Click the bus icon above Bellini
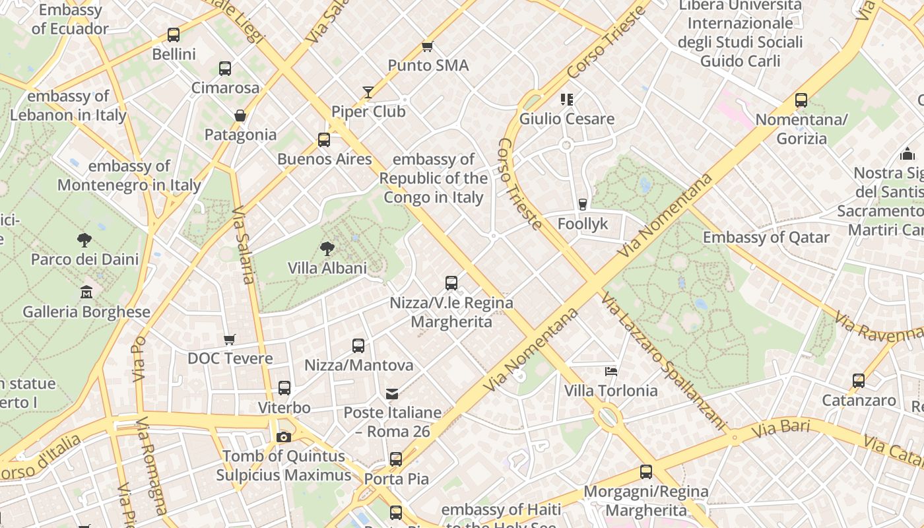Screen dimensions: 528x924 click(x=174, y=34)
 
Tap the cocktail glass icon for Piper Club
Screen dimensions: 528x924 click(x=368, y=92)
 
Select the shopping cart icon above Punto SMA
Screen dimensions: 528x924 click(x=428, y=46)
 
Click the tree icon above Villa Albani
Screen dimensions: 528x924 click(x=327, y=249)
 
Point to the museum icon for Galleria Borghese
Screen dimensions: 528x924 click(x=86, y=292)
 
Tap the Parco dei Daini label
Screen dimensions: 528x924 click(x=85, y=259)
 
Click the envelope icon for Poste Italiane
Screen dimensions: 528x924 click(x=392, y=394)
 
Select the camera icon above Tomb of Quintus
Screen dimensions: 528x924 click(x=284, y=437)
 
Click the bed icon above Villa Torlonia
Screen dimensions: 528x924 click(x=611, y=371)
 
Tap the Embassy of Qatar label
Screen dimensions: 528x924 click(x=766, y=238)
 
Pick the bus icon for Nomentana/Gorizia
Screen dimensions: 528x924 click(x=801, y=100)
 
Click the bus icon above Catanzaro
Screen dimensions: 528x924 click(x=859, y=381)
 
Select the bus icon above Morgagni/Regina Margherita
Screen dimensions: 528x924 click(x=646, y=472)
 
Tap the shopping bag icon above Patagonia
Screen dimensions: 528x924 click(x=240, y=115)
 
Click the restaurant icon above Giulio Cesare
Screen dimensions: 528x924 click(x=566, y=100)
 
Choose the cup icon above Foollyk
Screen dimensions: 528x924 click(x=582, y=205)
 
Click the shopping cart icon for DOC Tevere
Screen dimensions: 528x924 click(x=229, y=339)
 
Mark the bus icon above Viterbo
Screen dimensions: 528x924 click(x=284, y=388)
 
